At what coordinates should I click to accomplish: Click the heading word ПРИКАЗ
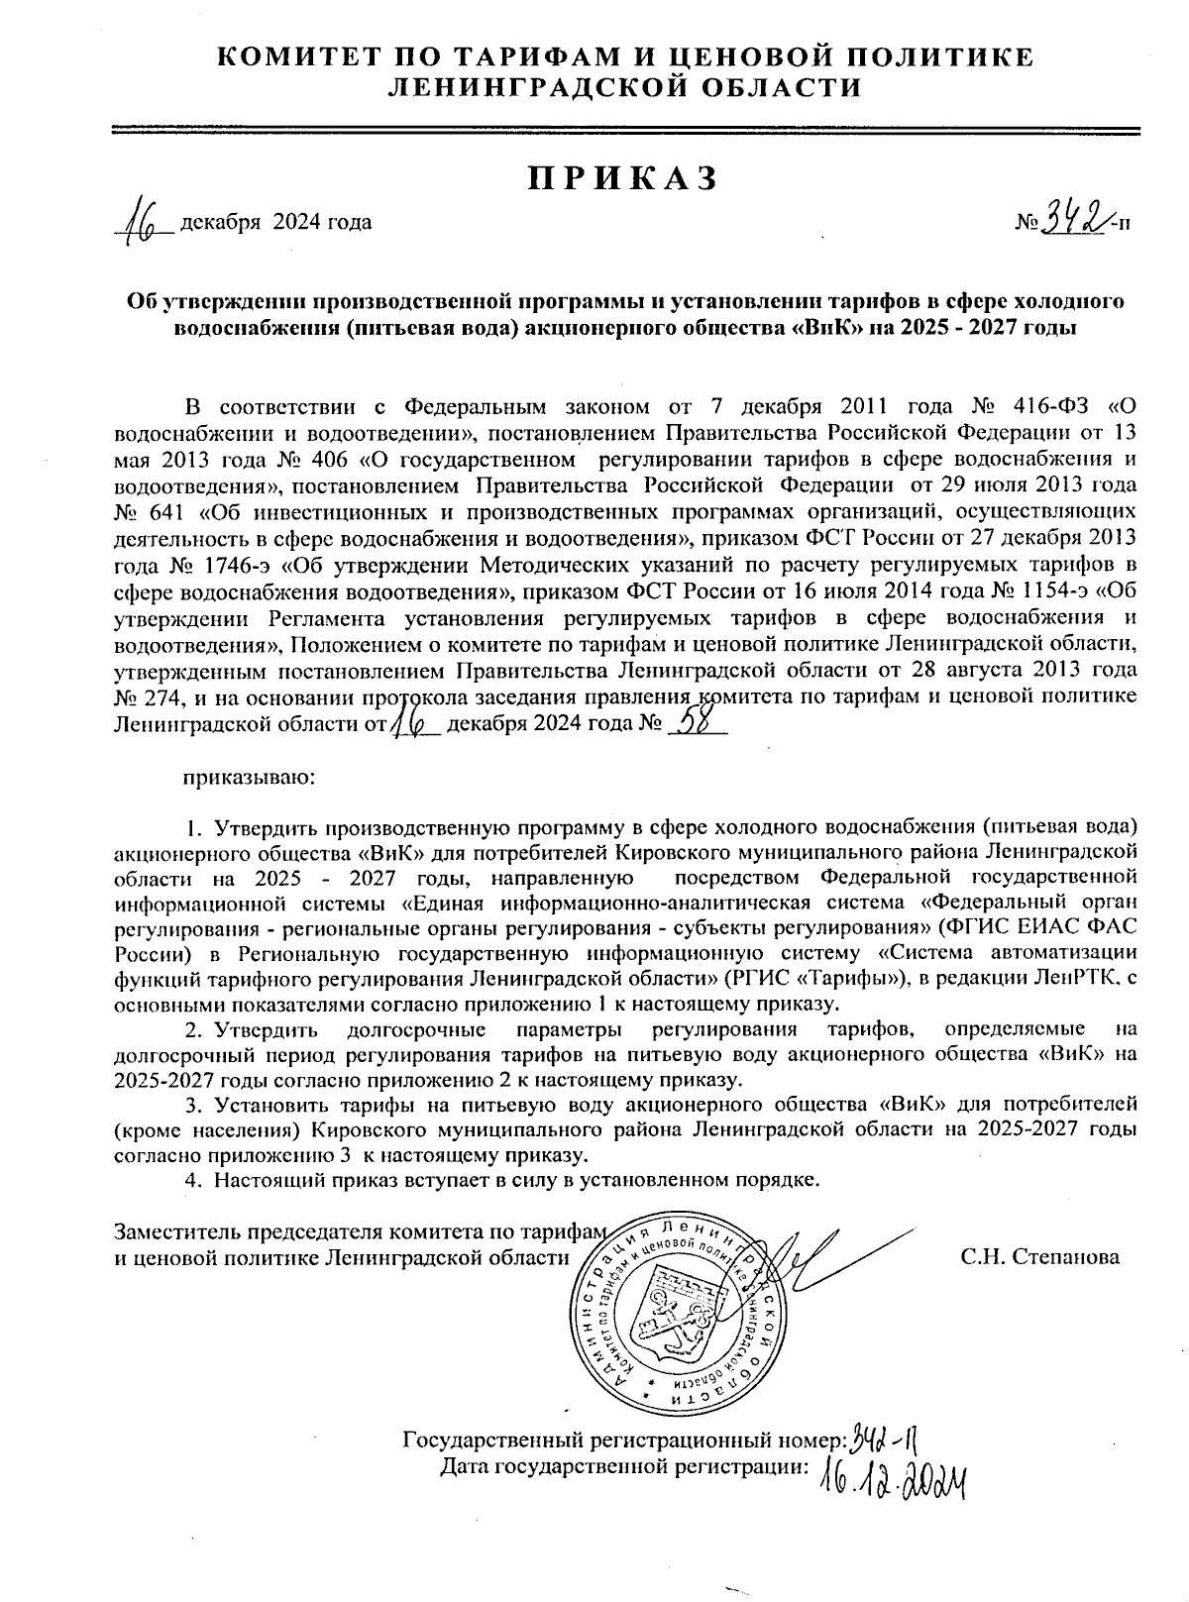pyautogui.click(x=621, y=177)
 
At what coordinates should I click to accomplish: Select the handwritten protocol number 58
pyautogui.click(x=700, y=723)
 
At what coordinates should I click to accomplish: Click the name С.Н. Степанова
pyautogui.click(x=1039, y=1257)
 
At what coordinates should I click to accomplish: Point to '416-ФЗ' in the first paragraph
pyautogui.click(x=1051, y=407)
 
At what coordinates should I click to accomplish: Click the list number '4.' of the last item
pyautogui.click(x=194, y=1180)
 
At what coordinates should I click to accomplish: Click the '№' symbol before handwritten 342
pyautogui.click(x=1026, y=223)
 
